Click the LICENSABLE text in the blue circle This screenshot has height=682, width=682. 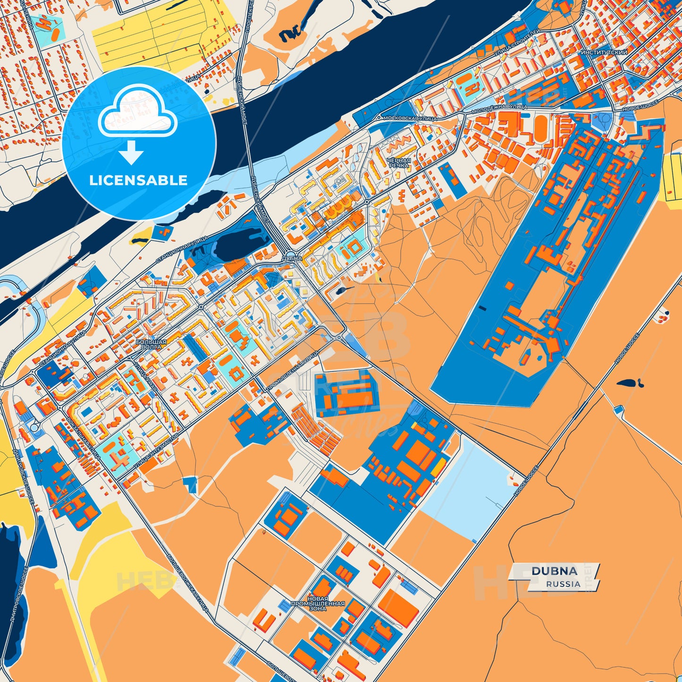(138, 180)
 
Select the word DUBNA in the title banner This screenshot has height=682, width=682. (554, 571)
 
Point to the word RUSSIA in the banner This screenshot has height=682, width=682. (563, 584)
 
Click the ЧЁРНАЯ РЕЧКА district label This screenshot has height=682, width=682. (399, 163)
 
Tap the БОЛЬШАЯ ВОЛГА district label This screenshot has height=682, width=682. (151, 344)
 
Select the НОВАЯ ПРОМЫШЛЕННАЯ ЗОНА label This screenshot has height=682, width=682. (318, 604)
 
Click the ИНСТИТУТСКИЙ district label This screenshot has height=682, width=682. (604, 52)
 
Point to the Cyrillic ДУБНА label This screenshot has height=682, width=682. (292, 259)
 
